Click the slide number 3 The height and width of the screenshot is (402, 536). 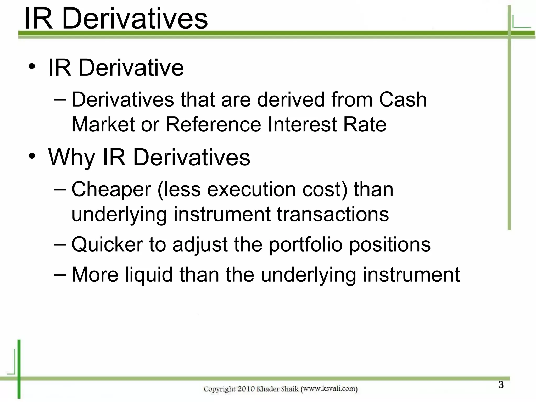tap(501, 385)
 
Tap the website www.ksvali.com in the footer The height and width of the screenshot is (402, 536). tap(329, 389)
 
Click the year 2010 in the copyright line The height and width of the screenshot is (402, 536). tap(246, 389)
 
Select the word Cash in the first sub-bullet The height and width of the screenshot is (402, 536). tap(403, 100)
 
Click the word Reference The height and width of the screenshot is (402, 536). tap(213, 124)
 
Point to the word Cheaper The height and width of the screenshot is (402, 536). tap(111, 189)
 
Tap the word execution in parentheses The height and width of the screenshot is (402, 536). tap(252, 189)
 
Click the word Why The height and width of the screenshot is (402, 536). tap(71, 158)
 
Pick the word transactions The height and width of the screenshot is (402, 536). tap(333, 214)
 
